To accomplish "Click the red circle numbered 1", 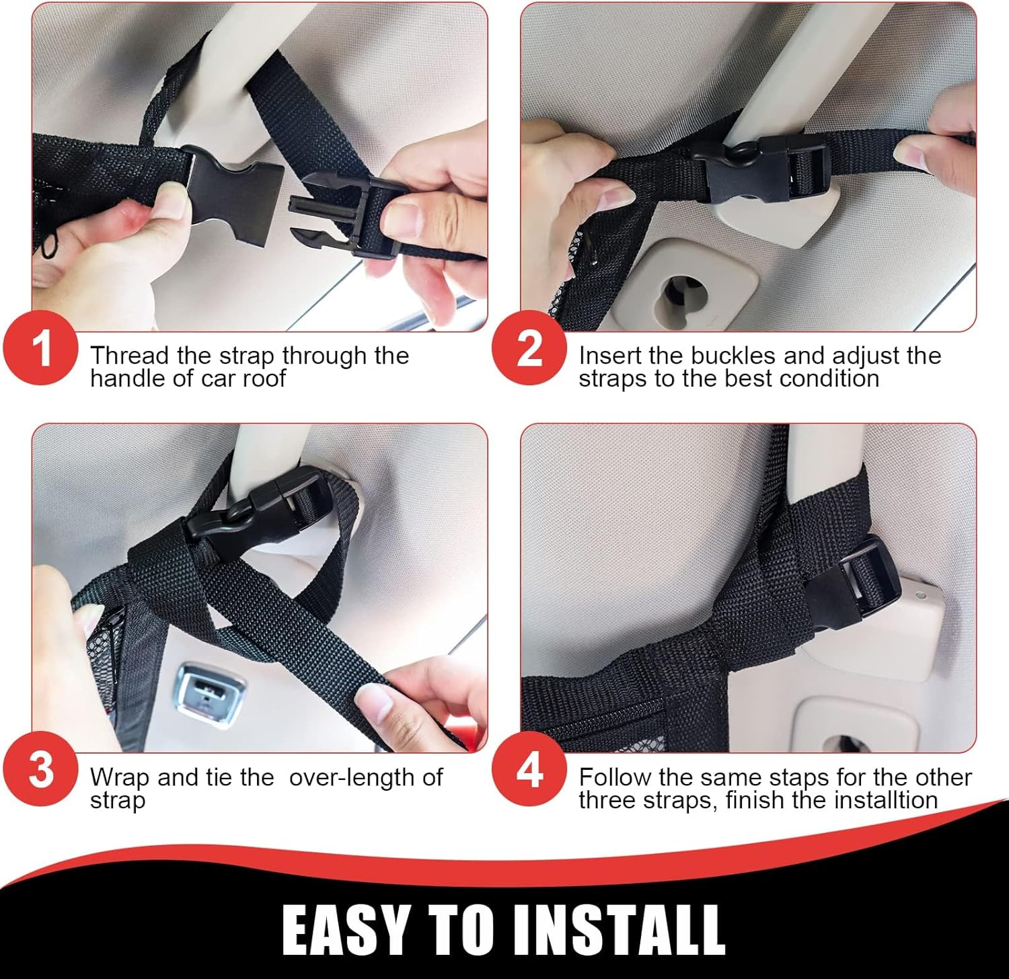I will (x=41, y=348).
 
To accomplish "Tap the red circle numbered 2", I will (x=529, y=348).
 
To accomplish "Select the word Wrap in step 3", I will (x=119, y=777).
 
